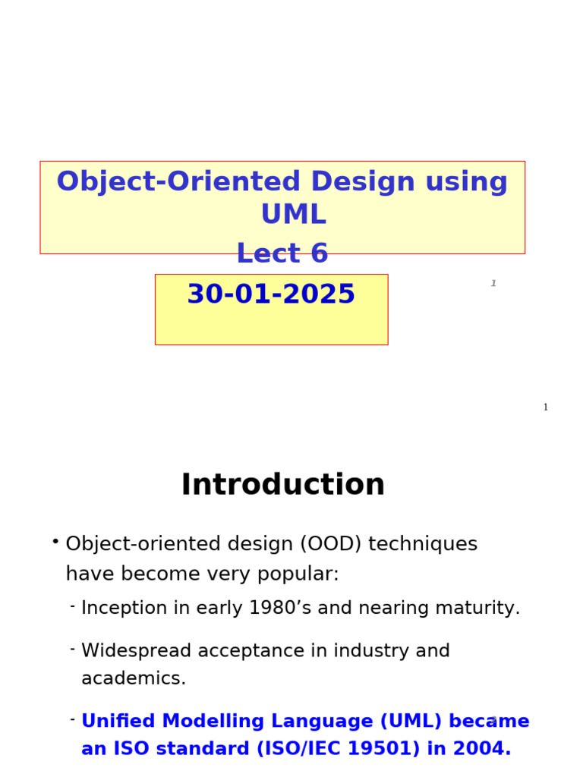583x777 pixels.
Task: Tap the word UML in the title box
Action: point(293,215)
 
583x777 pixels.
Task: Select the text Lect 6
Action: point(282,253)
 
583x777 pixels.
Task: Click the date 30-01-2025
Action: point(271,294)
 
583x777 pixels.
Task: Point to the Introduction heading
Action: point(282,486)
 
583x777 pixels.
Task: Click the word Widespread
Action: point(132,651)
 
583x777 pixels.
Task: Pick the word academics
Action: point(134,679)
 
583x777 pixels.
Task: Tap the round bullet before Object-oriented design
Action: point(55,541)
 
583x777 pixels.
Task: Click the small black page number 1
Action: point(545,407)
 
